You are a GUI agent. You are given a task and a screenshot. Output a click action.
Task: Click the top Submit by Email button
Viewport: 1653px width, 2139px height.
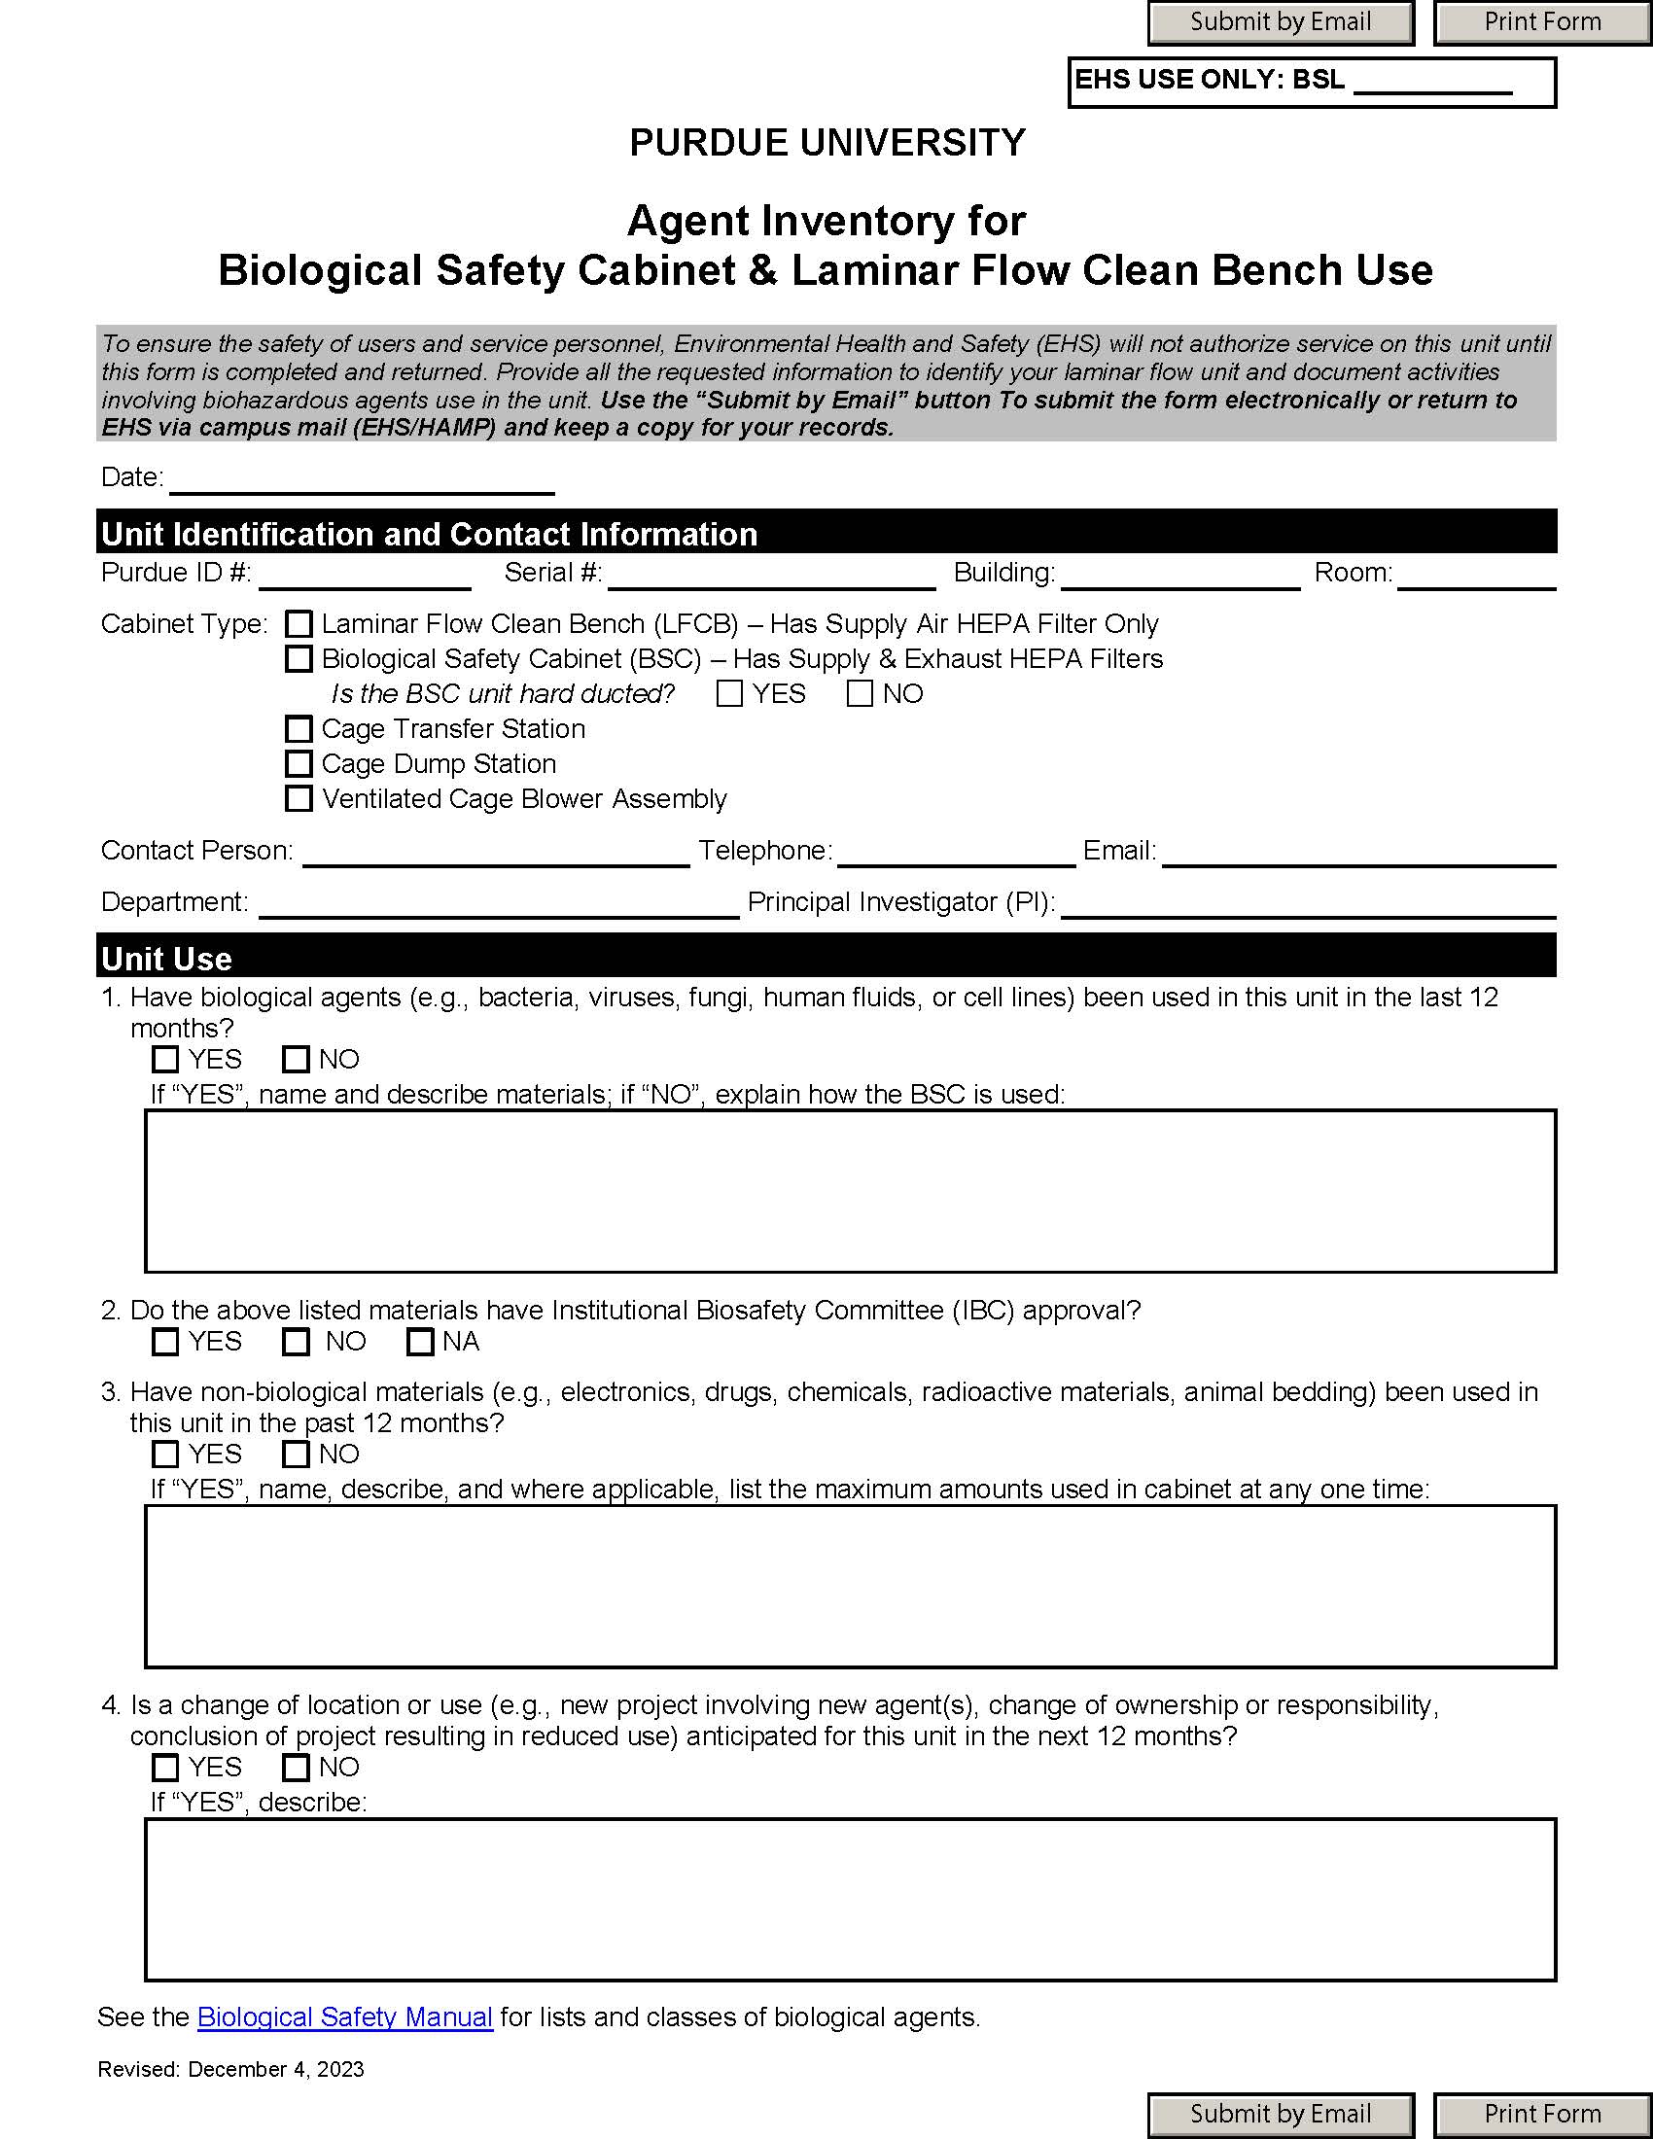[1280, 22]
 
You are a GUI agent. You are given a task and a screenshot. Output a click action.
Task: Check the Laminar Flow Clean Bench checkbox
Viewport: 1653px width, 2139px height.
[299, 624]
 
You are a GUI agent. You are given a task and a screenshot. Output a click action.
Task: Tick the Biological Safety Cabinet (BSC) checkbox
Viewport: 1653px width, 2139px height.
[299, 659]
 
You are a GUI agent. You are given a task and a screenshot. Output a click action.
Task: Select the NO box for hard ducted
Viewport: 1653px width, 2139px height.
[859, 693]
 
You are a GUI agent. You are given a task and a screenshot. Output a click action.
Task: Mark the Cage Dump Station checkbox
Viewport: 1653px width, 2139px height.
[299, 764]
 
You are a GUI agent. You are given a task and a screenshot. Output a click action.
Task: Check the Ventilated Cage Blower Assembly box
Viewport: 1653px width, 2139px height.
[299, 798]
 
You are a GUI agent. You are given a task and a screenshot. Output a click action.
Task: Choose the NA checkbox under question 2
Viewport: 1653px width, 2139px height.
[420, 1341]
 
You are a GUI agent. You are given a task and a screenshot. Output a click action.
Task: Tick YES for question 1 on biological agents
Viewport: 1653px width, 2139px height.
[165, 1059]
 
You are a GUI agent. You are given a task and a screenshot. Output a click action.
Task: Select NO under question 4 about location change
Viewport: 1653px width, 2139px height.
[296, 1767]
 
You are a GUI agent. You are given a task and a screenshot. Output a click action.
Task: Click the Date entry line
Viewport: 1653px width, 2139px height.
[362, 480]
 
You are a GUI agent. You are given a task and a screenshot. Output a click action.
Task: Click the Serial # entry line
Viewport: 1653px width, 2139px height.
[771, 575]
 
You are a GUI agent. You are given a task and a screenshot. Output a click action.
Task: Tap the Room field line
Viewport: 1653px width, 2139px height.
[1476, 575]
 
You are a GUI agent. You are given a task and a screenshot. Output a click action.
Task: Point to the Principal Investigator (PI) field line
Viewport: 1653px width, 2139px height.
[1307, 904]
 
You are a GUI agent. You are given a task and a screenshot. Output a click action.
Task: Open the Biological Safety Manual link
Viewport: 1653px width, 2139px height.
[345, 2016]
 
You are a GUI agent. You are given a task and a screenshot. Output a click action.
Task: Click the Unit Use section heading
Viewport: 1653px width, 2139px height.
[166, 958]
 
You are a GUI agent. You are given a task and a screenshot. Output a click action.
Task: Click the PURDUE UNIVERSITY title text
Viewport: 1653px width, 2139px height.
[826, 143]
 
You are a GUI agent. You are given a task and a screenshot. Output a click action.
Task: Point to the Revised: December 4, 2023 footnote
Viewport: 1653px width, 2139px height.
[230, 2069]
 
